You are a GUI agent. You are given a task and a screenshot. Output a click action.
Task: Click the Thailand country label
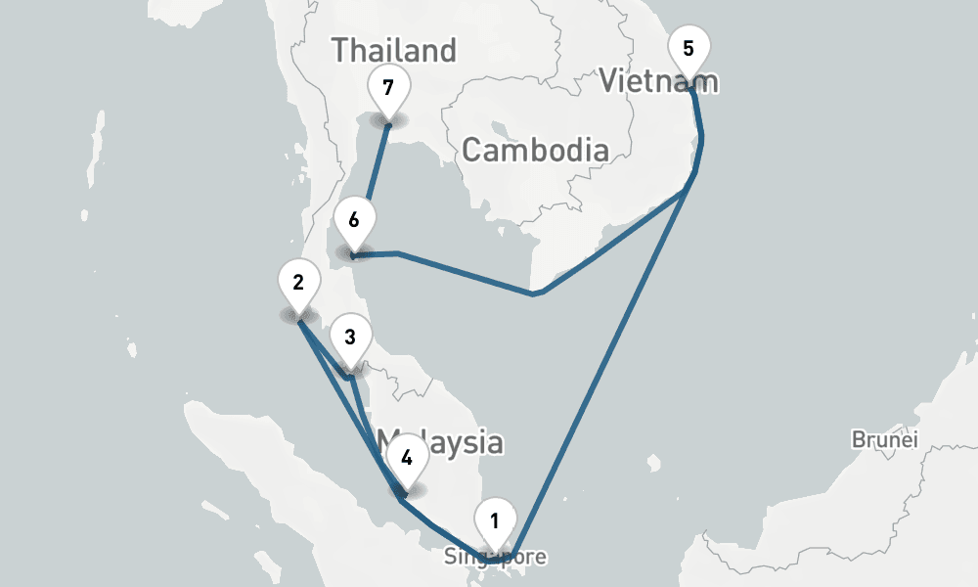[394, 50]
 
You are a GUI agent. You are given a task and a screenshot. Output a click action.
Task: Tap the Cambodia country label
[535, 151]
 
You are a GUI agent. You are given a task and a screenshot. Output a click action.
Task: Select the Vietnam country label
[659, 81]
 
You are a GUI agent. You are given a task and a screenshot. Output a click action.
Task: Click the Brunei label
[885, 439]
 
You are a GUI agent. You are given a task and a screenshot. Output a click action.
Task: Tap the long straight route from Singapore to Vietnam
[606, 362]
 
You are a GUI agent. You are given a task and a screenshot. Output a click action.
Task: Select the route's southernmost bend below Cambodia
[533, 293]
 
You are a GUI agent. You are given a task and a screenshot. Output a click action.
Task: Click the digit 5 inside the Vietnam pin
[689, 48]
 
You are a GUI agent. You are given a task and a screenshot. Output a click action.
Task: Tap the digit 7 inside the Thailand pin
[388, 87]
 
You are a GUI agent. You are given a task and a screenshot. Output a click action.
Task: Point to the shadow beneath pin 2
[297, 315]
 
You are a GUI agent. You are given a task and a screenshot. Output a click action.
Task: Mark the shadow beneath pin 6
[353, 253]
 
